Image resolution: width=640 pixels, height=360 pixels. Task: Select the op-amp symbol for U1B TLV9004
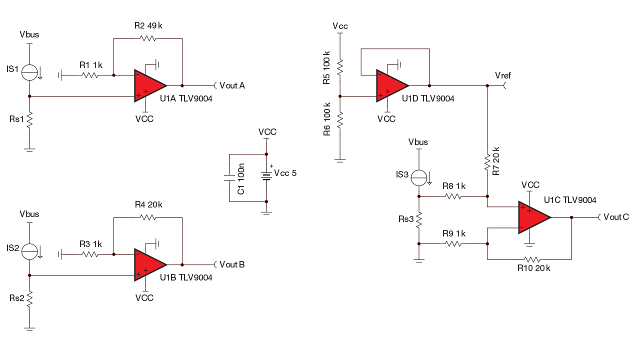point(148,264)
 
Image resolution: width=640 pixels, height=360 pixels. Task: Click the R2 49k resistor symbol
point(148,38)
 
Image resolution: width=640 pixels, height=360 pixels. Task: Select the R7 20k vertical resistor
point(487,162)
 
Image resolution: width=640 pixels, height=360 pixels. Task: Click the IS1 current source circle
point(29,72)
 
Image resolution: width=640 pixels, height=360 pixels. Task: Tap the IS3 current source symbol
point(419,177)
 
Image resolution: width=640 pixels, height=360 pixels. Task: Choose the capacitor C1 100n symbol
point(229,177)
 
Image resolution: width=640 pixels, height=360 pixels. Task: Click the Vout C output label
point(615,217)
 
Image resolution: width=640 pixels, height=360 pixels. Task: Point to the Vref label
point(502,75)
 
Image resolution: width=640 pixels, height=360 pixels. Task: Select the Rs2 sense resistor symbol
point(29,299)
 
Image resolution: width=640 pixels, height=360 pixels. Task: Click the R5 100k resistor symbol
point(340,66)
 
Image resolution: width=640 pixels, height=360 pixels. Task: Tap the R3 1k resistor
point(90,254)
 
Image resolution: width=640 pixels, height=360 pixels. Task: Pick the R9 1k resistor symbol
point(453,243)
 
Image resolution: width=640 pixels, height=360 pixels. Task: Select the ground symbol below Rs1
point(29,149)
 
